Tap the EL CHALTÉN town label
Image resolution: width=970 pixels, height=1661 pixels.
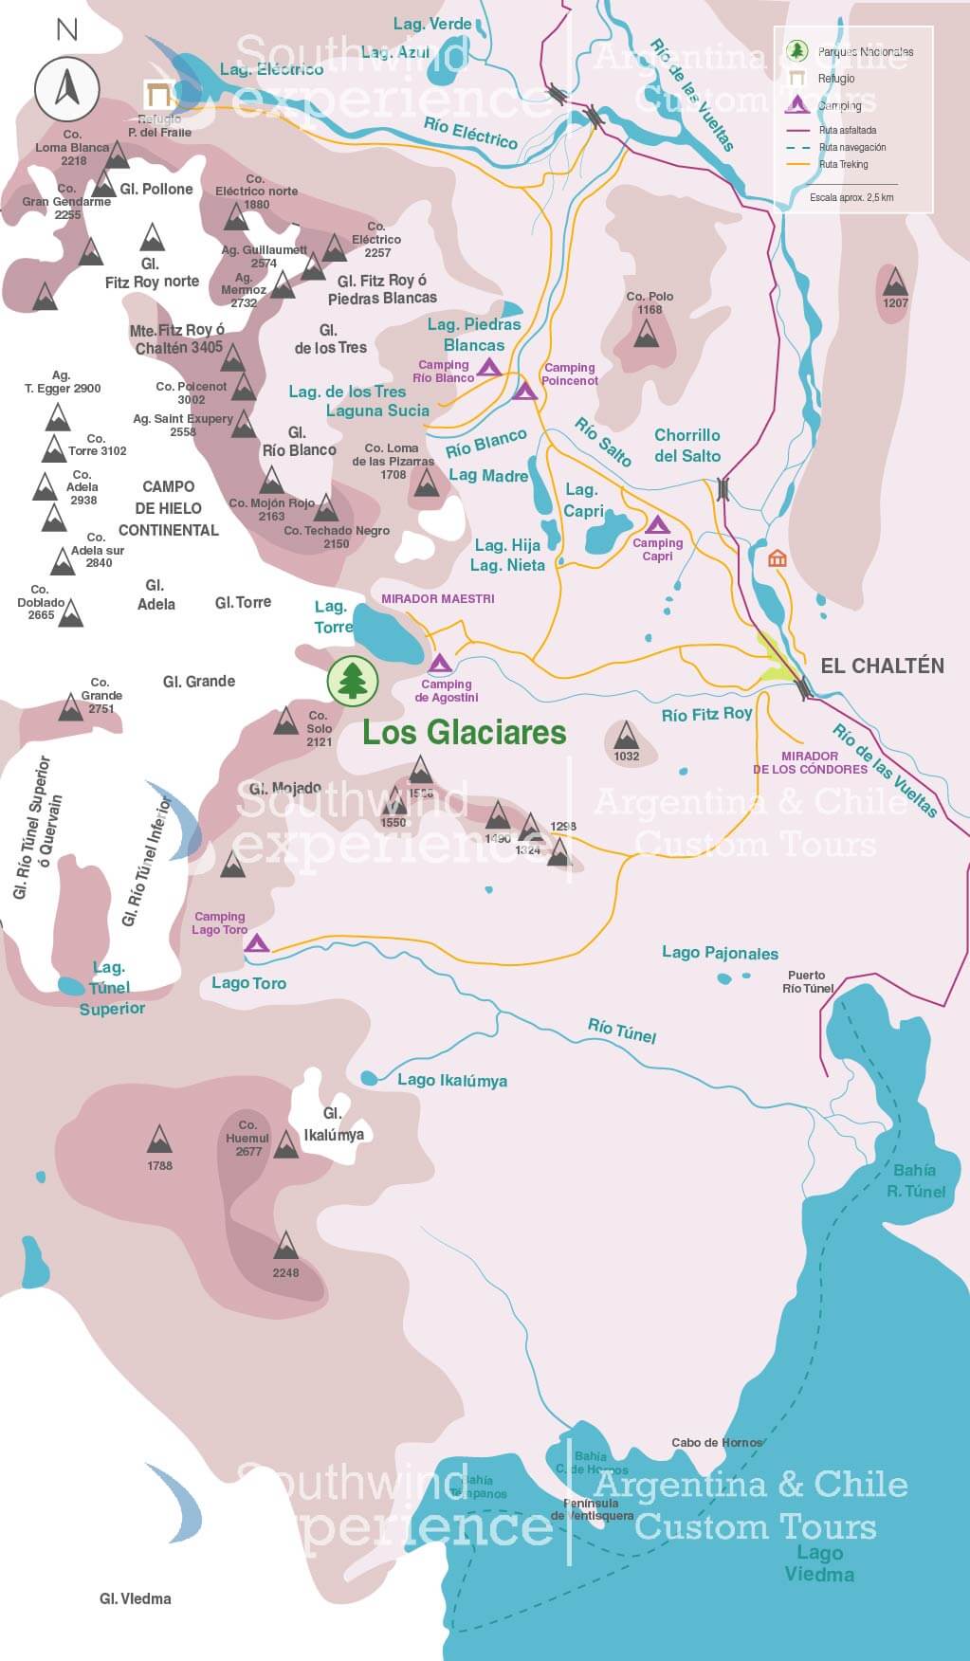coord(882,666)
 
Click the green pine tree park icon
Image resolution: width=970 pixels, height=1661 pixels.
coord(353,680)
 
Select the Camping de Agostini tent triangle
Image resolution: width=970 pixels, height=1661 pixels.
coord(439,664)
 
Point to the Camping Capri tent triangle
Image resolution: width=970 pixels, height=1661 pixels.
coord(657,524)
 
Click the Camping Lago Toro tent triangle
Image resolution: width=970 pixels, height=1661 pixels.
coord(258,943)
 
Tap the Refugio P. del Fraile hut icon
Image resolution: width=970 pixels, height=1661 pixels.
coord(158,95)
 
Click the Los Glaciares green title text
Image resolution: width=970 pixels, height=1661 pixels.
coord(465,733)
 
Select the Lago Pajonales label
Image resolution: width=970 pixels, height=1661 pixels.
coord(720,953)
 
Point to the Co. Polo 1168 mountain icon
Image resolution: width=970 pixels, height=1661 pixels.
coord(648,333)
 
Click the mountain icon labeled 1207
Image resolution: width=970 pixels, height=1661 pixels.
coord(894,283)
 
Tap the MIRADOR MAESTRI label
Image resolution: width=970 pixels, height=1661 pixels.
coord(438,599)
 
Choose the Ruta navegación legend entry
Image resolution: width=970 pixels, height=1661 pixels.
coord(851,148)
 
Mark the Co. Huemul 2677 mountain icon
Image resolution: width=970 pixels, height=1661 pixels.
coord(285,1144)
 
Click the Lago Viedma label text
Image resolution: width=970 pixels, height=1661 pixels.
coord(819,1563)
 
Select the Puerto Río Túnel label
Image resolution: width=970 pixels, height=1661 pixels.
coord(807,981)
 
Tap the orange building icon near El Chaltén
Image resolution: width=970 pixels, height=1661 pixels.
coord(778,558)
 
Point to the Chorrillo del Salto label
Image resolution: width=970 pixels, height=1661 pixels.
coord(687,446)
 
